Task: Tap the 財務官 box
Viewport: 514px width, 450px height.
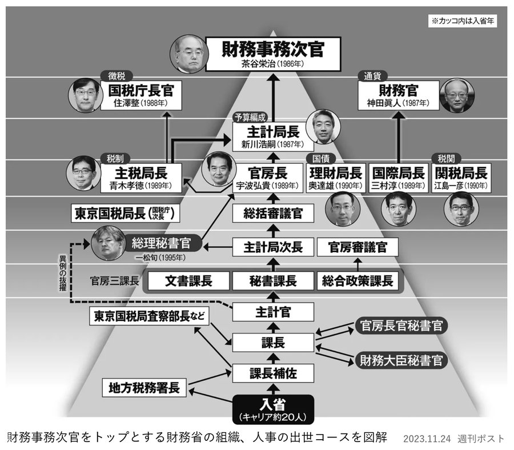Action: (x=397, y=95)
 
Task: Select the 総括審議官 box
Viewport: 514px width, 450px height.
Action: (x=273, y=214)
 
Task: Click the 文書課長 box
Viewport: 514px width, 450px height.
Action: (x=188, y=281)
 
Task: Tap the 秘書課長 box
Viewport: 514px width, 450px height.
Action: (x=272, y=281)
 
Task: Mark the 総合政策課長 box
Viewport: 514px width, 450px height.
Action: (x=358, y=281)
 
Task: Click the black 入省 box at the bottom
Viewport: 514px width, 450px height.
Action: (x=272, y=408)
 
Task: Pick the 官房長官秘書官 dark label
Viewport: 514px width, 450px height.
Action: (x=401, y=326)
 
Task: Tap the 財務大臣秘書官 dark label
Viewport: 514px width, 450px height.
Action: (x=401, y=360)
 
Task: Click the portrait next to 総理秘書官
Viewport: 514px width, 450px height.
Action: (x=109, y=244)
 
